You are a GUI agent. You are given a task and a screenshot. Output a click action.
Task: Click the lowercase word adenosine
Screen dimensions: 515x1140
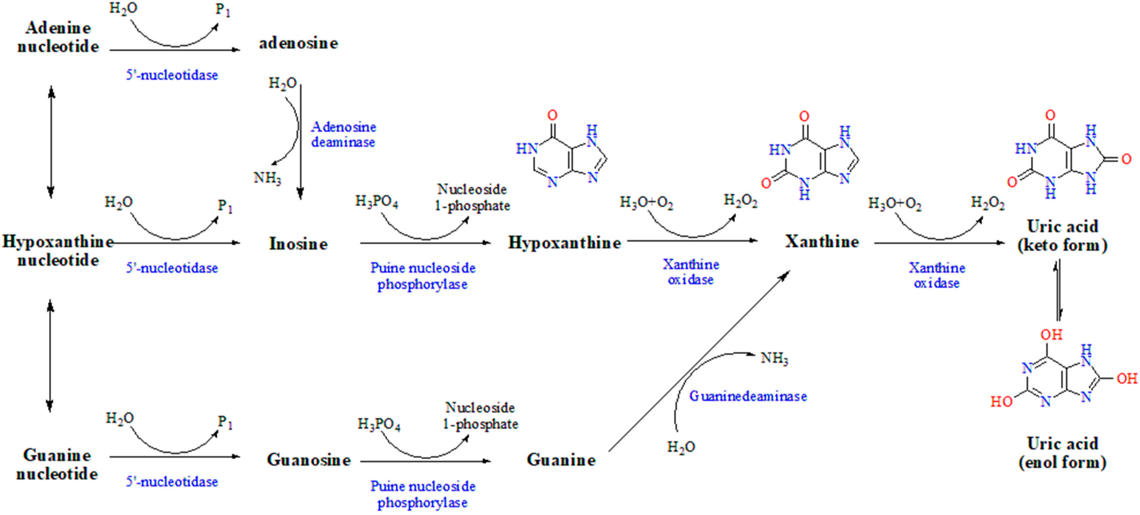(298, 44)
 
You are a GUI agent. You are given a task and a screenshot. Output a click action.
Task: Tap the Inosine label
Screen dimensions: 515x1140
(298, 244)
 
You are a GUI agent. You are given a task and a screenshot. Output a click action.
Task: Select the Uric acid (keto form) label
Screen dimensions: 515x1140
(1062, 235)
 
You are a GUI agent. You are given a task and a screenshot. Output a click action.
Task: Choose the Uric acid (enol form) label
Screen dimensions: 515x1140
(1062, 453)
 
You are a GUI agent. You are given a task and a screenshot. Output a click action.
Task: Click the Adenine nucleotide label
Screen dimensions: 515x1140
(58, 37)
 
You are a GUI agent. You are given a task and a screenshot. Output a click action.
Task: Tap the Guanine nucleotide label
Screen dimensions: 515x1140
(57, 465)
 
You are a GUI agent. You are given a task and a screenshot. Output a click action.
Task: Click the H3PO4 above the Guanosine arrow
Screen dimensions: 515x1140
(379, 425)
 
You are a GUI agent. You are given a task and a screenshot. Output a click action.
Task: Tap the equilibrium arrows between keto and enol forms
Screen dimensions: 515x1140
(1058, 290)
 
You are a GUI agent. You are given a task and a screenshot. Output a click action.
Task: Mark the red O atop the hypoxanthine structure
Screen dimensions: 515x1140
(552, 115)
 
